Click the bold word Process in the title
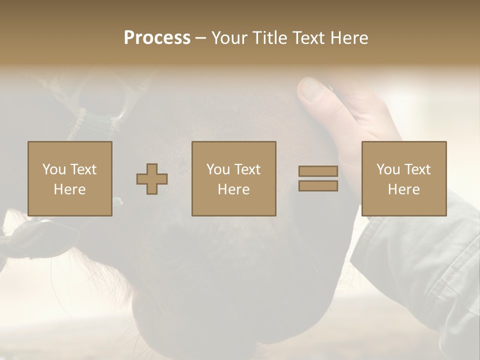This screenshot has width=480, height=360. coord(157,38)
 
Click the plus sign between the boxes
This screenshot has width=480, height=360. coord(152,179)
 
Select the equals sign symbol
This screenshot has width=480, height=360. coord(318,178)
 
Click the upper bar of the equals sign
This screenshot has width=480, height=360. coord(318,171)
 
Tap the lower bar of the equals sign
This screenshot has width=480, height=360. coord(318,186)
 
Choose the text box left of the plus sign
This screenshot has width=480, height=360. coord(69,179)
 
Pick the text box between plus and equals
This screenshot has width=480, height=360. coord(233,179)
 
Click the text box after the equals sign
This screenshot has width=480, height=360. coord(403,179)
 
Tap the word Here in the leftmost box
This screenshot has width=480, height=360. coord(69,189)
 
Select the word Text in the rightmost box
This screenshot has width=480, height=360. coord(417,169)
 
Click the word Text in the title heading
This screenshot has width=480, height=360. coord(305,38)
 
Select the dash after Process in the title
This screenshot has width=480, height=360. coord(200,38)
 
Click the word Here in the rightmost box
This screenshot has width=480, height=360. coord(403,189)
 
